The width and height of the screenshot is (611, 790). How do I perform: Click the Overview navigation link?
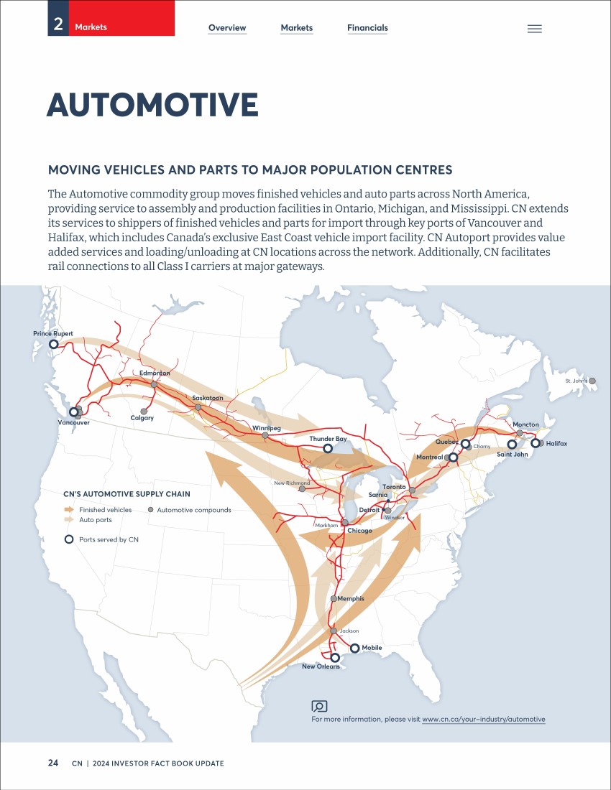coord(227,28)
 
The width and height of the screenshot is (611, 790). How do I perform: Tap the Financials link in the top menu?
coord(367,28)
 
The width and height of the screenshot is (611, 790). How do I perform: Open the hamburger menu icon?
coord(534,29)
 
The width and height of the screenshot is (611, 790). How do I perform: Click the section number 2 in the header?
coord(58,24)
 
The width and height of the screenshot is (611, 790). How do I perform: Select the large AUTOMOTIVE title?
coord(152,105)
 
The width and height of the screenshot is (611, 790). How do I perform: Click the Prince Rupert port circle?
coord(53,344)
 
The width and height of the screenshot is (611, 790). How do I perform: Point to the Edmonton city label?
coord(155,373)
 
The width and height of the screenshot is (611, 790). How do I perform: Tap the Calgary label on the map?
coord(142,418)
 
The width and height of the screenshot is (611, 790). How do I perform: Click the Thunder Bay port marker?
coord(328,448)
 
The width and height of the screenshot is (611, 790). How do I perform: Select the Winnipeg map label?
coord(267,428)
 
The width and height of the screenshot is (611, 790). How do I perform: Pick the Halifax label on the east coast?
coord(556,443)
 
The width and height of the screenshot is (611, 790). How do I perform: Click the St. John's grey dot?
coord(592,381)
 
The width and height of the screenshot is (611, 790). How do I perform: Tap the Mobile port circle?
coord(355,648)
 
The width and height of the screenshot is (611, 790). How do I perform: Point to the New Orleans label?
coord(321,666)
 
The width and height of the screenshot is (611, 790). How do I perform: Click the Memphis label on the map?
coord(351,598)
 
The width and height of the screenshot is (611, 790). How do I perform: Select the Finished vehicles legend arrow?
coord(69,509)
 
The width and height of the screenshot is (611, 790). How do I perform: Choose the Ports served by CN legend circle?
coord(69,539)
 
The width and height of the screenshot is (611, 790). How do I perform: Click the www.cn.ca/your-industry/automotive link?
coord(484,720)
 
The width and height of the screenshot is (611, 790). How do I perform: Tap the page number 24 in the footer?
coord(53,763)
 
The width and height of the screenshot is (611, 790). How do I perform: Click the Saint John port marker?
coord(512,445)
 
